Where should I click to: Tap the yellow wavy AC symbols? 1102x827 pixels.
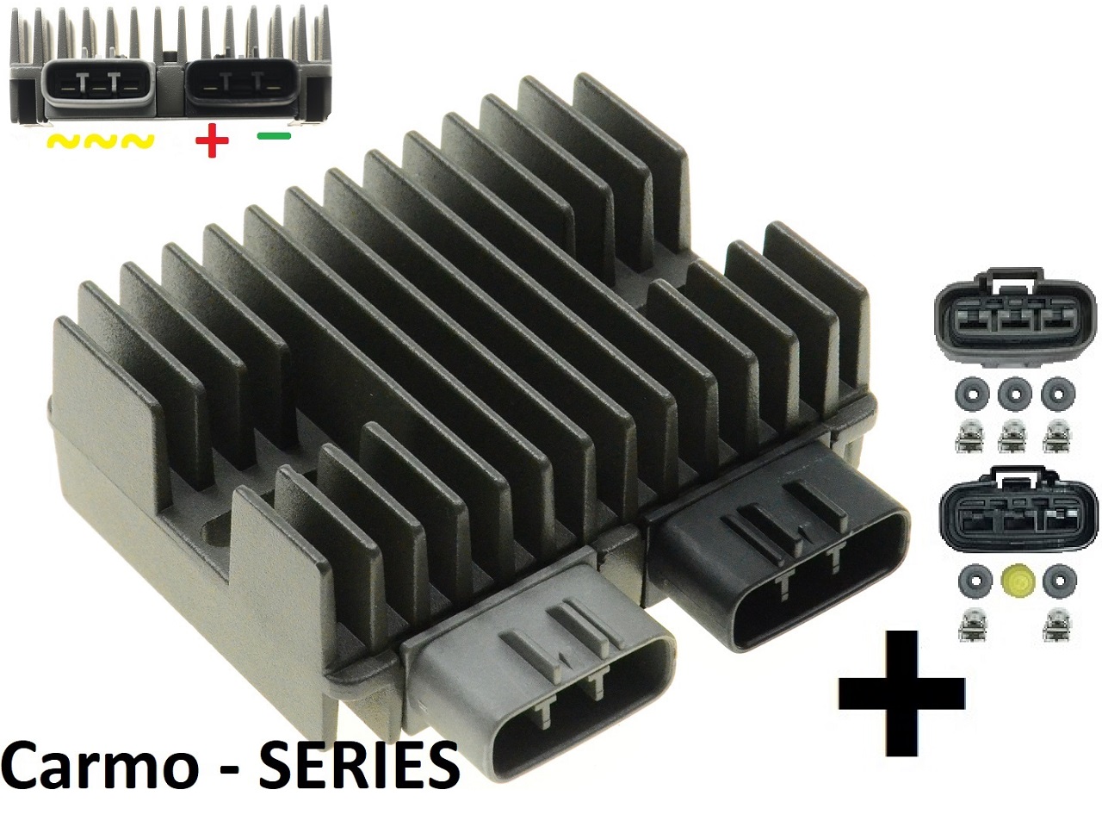coord(100,141)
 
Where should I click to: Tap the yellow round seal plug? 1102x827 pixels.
coord(1013,582)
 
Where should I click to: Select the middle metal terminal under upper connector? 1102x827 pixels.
coord(1013,438)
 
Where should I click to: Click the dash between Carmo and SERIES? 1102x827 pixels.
coord(229,769)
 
